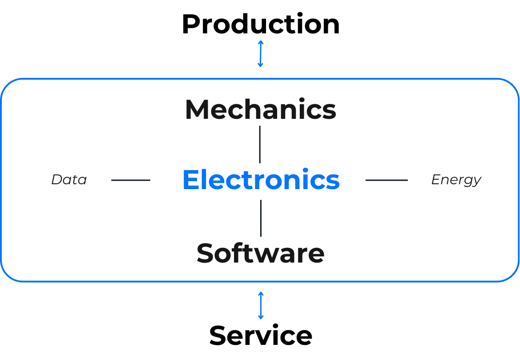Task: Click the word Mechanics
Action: [x=260, y=109]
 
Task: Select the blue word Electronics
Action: [x=261, y=180]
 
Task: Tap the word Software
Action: [x=260, y=253]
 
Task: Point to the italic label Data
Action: [x=69, y=180]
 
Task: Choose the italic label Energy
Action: [x=456, y=180]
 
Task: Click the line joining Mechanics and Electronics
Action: [x=260, y=144]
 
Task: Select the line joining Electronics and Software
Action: [x=261, y=218]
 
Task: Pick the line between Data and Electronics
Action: [x=130, y=180]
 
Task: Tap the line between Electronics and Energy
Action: [x=386, y=180]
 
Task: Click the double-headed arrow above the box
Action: [x=261, y=54]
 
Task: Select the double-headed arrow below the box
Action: [x=261, y=306]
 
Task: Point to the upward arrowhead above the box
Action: [x=261, y=42]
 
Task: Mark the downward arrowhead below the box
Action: [x=261, y=317]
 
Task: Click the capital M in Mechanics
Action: [x=196, y=109]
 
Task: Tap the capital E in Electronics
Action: [x=190, y=180]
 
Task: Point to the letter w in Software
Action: [x=266, y=255]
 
